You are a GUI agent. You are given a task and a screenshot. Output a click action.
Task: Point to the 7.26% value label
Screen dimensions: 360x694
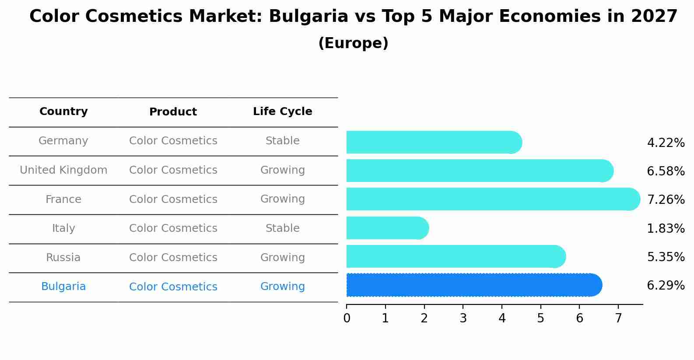[x=666, y=200]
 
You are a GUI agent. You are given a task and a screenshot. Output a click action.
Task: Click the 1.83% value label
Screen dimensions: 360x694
[x=666, y=228]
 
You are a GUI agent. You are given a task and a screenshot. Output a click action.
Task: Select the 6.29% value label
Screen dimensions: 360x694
[x=666, y=286]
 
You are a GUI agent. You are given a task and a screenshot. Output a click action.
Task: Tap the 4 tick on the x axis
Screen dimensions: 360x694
[x=502, y=318]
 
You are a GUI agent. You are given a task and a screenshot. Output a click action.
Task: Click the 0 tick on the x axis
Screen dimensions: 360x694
[x=347, y=318]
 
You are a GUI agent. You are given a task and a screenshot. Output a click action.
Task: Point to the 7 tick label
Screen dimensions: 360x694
[x=618, y=318]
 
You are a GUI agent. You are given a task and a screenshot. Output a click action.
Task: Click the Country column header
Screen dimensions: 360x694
[x=63, y=112]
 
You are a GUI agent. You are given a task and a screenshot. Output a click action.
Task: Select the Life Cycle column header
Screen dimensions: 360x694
[x=282, y=112]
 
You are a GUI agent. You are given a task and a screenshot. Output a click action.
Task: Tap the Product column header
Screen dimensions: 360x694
[x=173, y=112]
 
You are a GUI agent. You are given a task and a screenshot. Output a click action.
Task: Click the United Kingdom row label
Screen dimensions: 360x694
[x=63, y=170]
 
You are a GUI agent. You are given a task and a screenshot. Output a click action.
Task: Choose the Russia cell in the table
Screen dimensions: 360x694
[x=63, y=258]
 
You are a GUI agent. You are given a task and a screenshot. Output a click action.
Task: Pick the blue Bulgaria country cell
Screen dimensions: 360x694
[x=63, y=287]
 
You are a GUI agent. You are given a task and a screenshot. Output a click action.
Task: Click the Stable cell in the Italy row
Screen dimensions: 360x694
[x=282, y=228]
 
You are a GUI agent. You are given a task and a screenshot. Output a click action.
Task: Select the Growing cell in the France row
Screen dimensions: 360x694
[x=282, y=199]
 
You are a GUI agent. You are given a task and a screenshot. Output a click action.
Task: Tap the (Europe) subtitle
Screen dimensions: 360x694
[x=353, y=43]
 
